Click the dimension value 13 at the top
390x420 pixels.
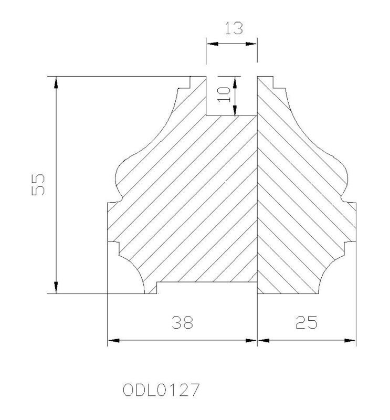(x=234, y=28)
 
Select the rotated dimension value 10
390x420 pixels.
(x=224, y=94)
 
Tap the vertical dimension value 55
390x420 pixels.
(x=38, y=185)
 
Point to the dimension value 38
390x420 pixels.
(x=182, y=322)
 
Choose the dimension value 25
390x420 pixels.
(x=307, y=322)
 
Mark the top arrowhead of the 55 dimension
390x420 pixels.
(x=56, y=82)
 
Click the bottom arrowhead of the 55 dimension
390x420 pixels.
(x=56, y=288)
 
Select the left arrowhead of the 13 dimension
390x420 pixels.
(x=212, y=44)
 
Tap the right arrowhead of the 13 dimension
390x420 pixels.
(x=251, y=44)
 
